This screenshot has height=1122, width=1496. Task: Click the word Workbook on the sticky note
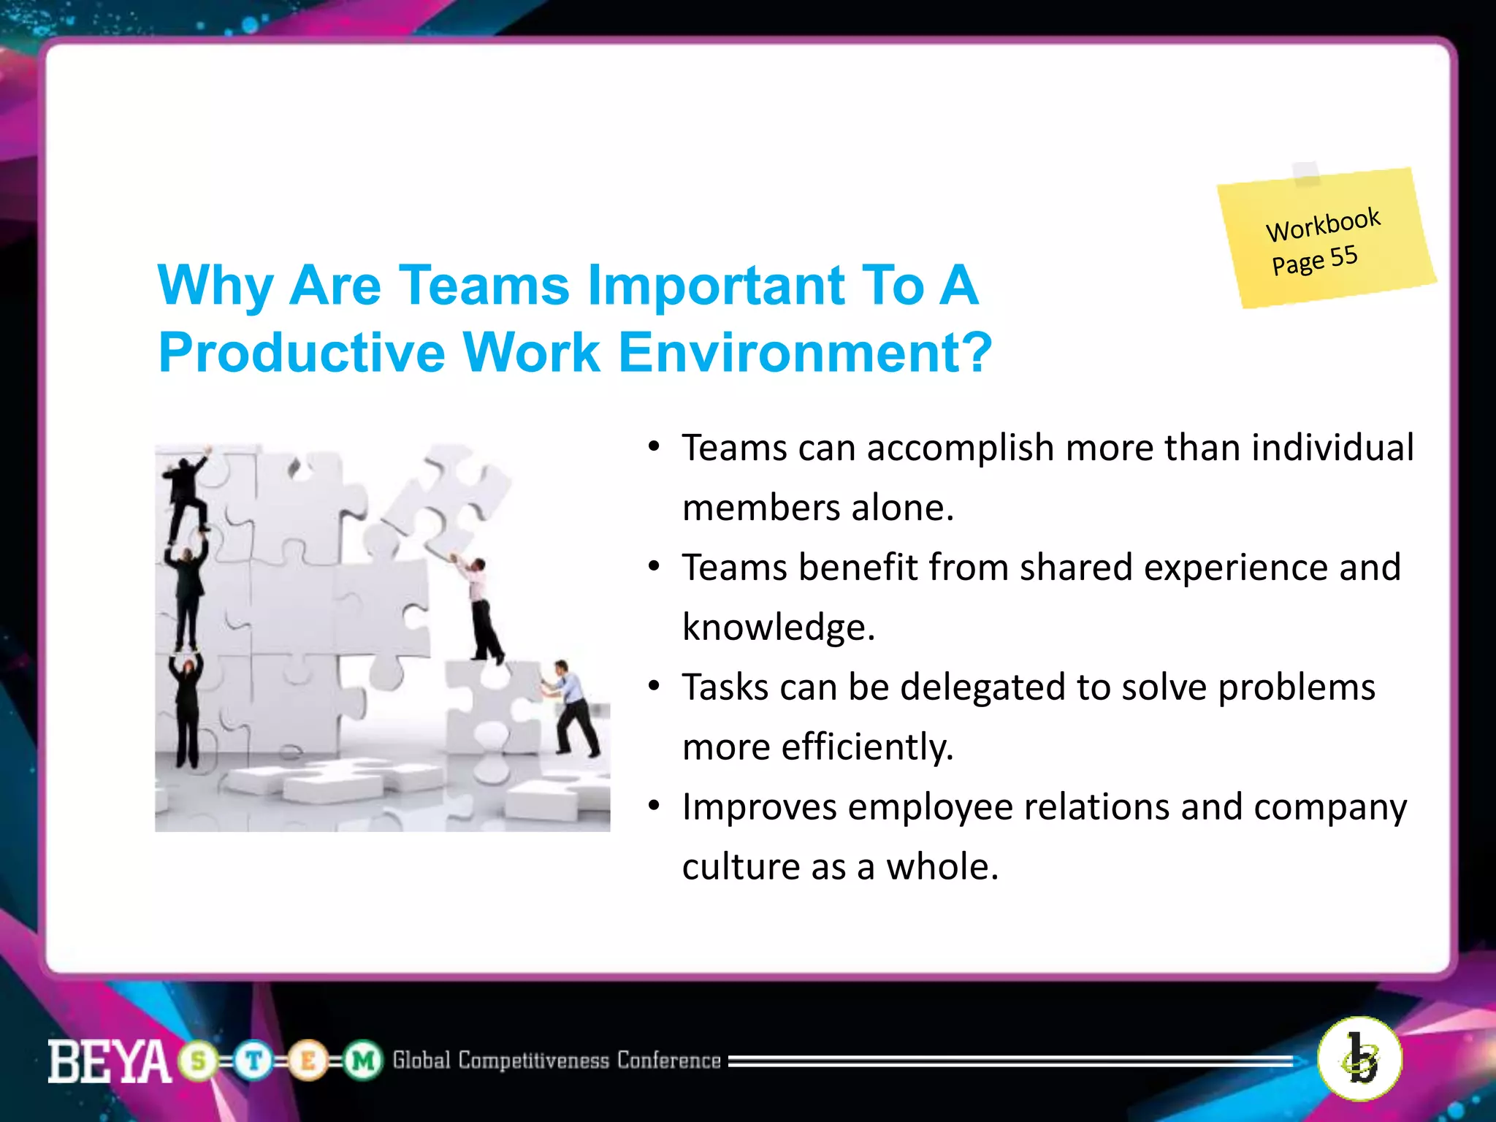[1323, 224]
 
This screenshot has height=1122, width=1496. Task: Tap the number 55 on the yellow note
[1343, 256]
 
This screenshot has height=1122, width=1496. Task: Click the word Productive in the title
[302, 353]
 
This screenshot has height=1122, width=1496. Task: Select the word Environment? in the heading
[805, 353]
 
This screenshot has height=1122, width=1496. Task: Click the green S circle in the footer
[198, 1061]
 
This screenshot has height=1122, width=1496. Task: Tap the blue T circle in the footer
[253, 1061]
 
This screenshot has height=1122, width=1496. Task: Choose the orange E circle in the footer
[308, 1061]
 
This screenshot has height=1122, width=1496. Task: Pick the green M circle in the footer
[363, 1061]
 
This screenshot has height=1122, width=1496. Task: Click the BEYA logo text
[109, 1061]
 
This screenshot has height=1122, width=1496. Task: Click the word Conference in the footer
[668, 1060]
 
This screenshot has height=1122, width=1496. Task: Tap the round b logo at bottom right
[1359, 1058]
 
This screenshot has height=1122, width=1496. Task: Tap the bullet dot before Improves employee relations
[654, 806]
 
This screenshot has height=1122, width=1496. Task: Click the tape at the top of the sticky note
[1306, 173]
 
